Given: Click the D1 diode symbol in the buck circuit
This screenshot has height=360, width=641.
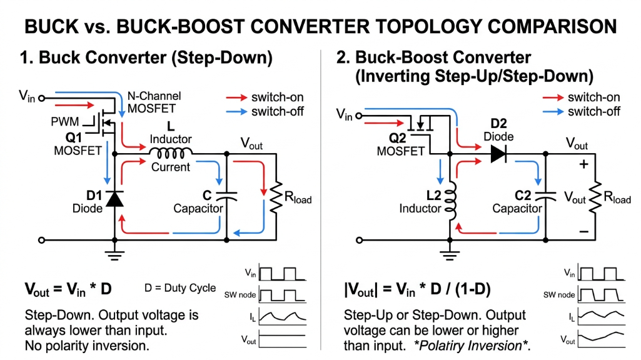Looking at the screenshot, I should (114, 197).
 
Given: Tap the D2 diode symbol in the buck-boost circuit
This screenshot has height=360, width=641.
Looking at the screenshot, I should (498, 153).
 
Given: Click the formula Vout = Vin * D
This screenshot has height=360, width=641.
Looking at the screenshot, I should (68, 289).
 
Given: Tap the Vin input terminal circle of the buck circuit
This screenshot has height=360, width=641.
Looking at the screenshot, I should (42, 97).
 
